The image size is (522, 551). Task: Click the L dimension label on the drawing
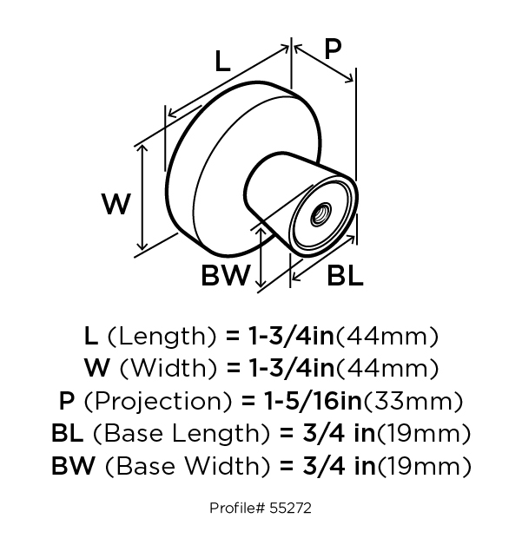(222, 62)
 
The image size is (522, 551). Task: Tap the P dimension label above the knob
(333, 49)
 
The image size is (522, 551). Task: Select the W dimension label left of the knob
(116, 204)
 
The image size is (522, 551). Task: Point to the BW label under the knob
(225, 275)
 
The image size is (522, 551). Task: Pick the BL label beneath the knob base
(345, 275)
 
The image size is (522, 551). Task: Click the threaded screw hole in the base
(321, 214)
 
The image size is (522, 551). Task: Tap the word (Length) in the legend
(162, 337)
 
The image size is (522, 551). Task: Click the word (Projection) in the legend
(158, 401)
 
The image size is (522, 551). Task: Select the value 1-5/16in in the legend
(313, 401)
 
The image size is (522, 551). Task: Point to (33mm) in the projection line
(413, 401)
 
